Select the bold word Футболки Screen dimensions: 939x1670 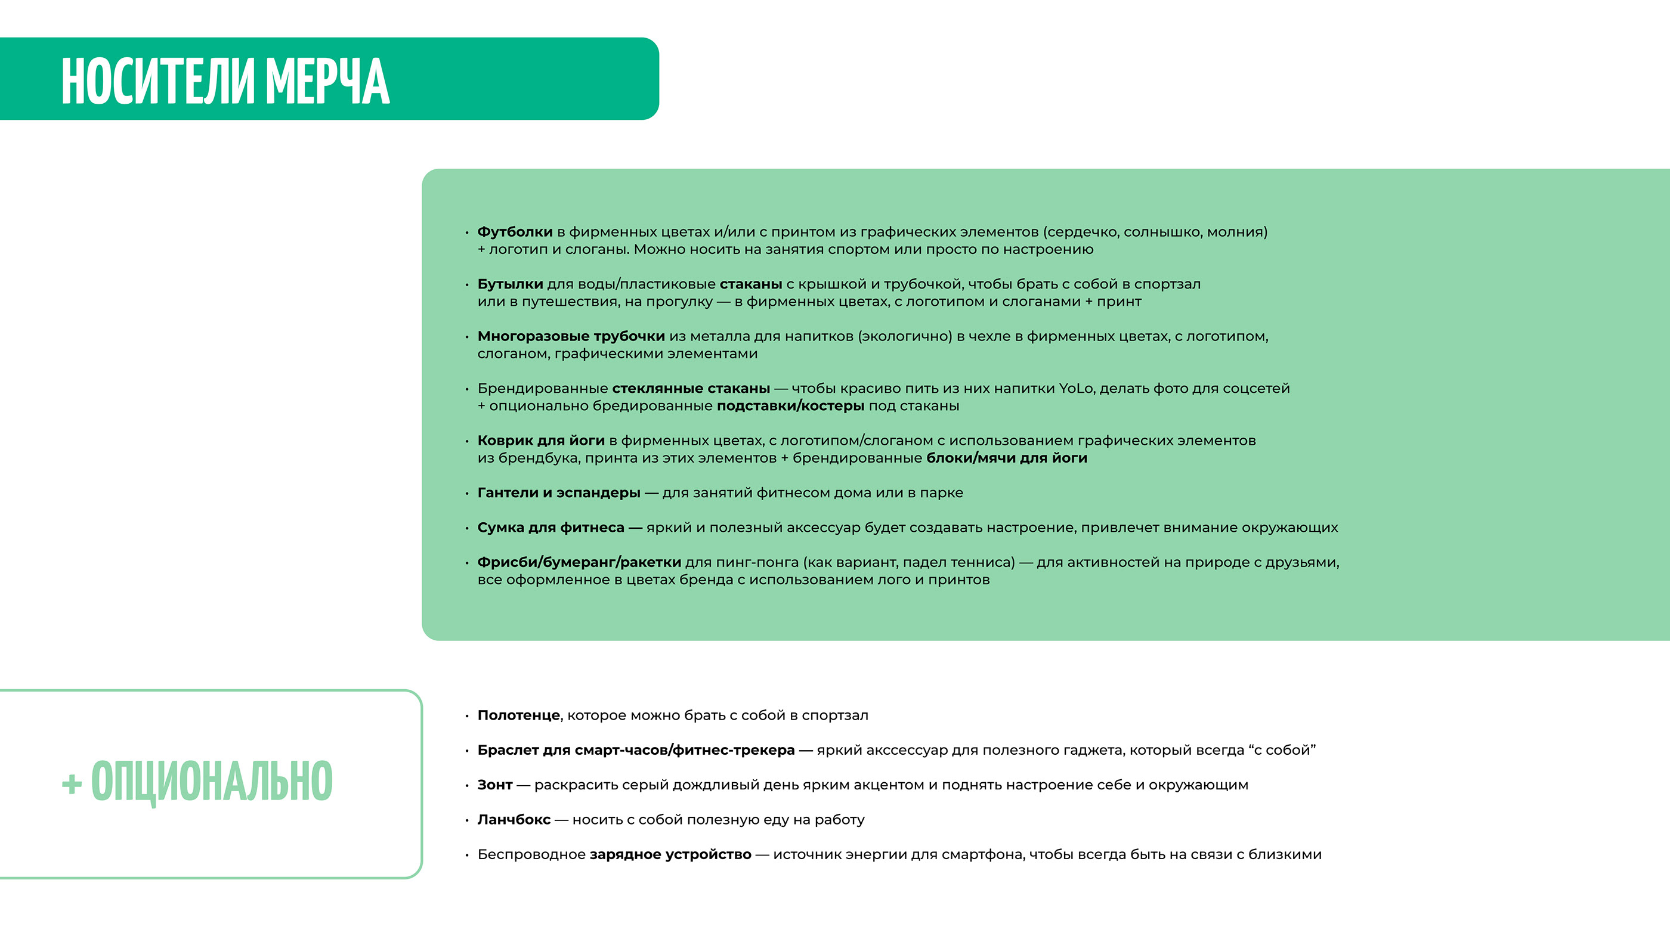515,232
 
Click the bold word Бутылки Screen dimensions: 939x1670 510,284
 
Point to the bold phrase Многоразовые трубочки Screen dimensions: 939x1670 571,336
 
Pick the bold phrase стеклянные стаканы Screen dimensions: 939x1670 691,388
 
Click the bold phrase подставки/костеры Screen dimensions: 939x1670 790,405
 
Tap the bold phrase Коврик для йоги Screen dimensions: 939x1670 541,441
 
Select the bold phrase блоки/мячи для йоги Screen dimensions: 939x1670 1007,458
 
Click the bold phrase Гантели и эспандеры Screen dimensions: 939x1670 559,492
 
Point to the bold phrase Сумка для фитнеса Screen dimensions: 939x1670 551,528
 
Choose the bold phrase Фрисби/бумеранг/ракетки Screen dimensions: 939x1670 579,562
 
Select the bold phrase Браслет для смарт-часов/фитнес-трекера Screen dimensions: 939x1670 636,751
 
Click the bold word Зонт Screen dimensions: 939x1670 494,785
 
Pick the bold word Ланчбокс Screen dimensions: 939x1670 514,820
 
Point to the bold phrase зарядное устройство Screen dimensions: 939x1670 670,855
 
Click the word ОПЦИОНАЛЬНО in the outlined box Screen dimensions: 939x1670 211,782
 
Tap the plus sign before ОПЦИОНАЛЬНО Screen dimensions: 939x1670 72,785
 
